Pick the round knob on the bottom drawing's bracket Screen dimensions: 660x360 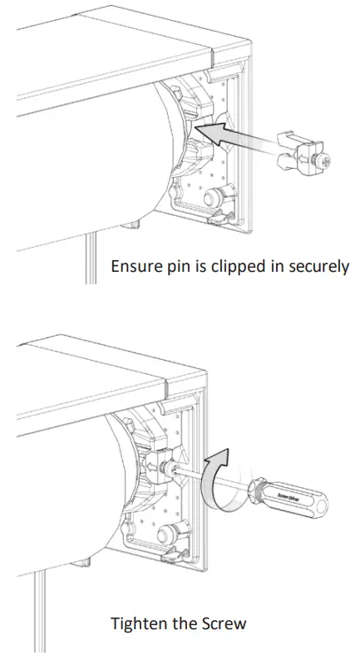pyautogui.click(x=161, y=529)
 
